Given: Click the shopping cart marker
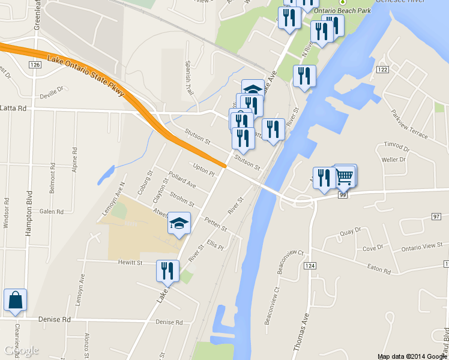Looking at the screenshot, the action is coord(345,176).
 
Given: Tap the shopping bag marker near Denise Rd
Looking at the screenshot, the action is coord(15,301).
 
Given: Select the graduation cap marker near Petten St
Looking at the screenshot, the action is coord(179,224).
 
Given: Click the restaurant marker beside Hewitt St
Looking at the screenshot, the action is coord(167,271).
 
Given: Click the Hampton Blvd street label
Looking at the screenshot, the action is coord(28,209).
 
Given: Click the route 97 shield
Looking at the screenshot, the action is coord(436,215).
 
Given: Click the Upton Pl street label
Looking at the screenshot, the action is coord(203,169).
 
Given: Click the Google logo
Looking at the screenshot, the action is coord(22,350).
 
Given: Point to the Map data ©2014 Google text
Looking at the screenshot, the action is coord(411,356).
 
